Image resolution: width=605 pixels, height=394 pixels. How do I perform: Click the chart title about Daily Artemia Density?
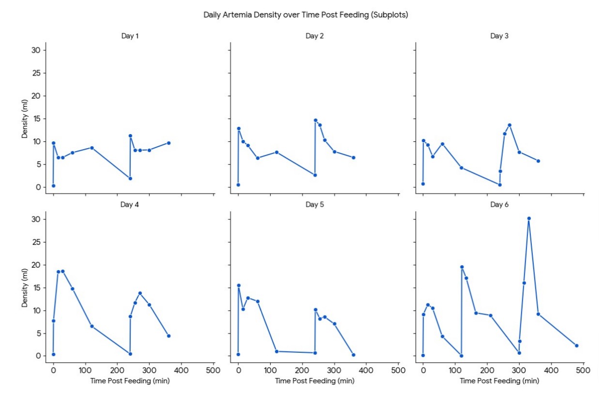(x=306, y=15)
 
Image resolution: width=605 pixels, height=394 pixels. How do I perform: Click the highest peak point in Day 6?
(x=529, y=218)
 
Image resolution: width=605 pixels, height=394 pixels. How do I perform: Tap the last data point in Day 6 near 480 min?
(x=576, y=346)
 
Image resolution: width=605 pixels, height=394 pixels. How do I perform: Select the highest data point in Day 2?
(x=315, y=120)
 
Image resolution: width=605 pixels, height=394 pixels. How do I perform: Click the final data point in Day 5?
(x=354, y=355)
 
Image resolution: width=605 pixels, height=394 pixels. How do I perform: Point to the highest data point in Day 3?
(x=510, y=125)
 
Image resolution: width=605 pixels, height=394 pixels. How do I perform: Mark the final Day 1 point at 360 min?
(x=169, y=143)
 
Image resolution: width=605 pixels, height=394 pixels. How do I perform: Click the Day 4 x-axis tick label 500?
(x=214, y=370)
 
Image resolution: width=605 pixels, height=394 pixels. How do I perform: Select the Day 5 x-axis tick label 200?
(x=302, y=370)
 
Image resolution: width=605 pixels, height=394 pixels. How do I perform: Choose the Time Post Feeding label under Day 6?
(x=499, y=381)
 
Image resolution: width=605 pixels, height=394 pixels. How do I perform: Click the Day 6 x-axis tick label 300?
(x=519, y=370)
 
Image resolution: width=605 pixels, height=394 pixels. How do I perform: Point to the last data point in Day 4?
(x=169, y=336)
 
